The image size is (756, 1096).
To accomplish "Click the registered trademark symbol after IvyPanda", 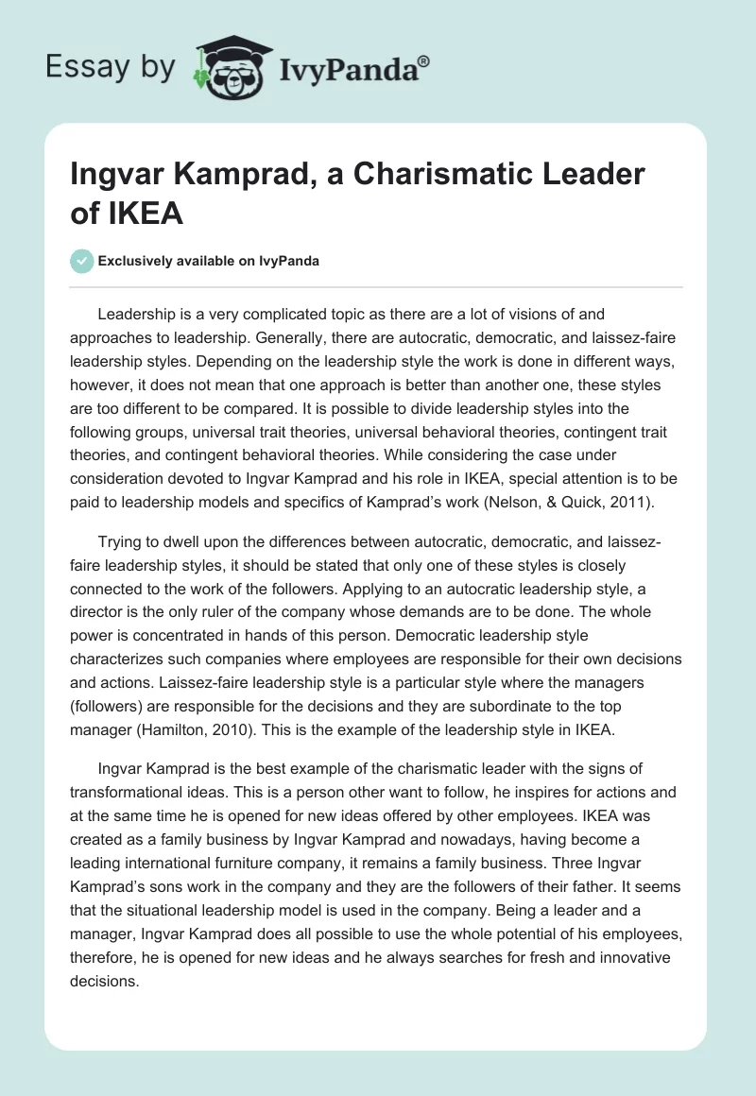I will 424,61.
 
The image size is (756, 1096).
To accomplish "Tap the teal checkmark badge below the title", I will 82,261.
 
